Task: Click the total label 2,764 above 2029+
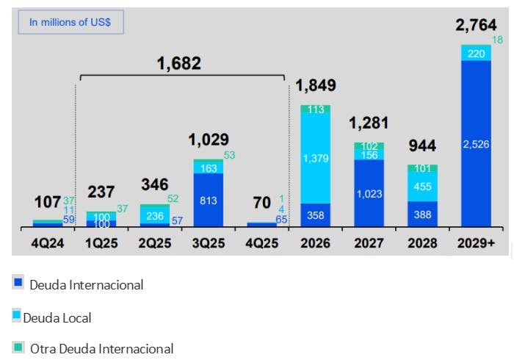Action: [x=475, y=26]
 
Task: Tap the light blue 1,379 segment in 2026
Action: [x=315, y=158]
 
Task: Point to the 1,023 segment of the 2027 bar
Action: [x=369, y=193]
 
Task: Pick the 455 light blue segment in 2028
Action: [x=422, y=187]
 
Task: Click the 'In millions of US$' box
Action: [x=70, y=22]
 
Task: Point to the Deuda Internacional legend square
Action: [x=18, y=282]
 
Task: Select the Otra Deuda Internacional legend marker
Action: [x=18, y=346]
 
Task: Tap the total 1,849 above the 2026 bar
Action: [x=316, y=85]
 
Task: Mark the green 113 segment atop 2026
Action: [x=315, y=109]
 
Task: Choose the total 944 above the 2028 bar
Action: [x=421, y=145]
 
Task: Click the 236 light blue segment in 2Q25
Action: [x=155, y=215]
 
